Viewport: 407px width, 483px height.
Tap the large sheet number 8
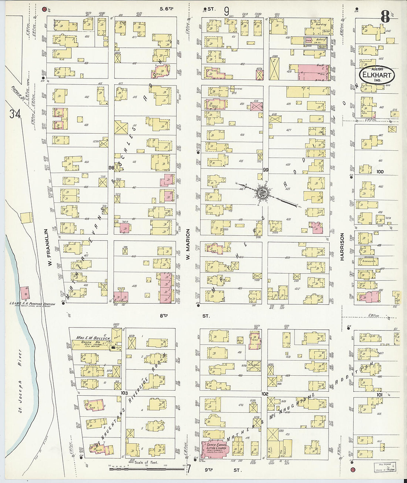click(385, 17)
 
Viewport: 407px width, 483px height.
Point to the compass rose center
click(262, 192)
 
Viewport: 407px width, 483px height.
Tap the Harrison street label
click(342, 246)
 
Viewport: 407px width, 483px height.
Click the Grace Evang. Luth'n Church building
click(215, 449)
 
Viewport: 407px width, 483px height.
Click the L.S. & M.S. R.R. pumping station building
click(25, 293)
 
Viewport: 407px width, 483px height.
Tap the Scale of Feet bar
click(146, 469)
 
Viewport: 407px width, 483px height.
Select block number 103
click(124, 393)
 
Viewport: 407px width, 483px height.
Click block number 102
click(264, 394)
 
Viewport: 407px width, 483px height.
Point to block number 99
click(265, 170)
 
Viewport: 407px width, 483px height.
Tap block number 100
click(380, 171)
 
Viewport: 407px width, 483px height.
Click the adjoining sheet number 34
click(15, 114)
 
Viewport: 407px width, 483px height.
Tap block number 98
click(111, 168)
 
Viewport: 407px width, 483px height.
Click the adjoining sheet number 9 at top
click(226, 11)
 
